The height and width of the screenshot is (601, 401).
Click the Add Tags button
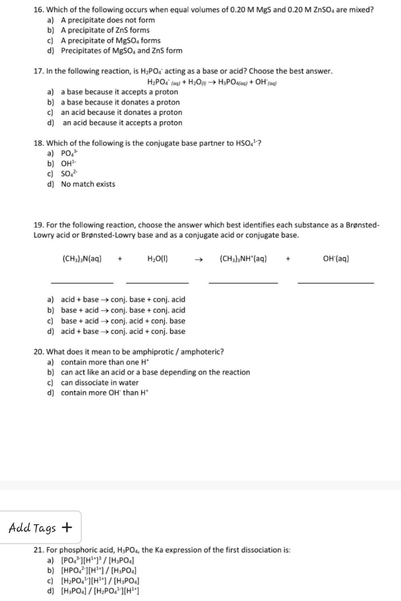click(x=40, y=527)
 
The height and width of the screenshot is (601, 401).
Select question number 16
click(x=39, y=10)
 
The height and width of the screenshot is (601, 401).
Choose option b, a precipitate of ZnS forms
click(x=105, y=30)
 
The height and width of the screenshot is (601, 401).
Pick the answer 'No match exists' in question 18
click(x=88, y=184)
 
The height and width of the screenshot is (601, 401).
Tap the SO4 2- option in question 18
click(x=69, y=174)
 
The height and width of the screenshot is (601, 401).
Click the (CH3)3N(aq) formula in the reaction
click(x=82, y=259)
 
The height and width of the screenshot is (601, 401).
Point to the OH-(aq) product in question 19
click(x=336, y=259)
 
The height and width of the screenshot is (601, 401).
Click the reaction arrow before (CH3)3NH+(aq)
click(x=197, y=259)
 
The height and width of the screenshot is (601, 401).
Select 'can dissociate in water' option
click(x=99, y=383)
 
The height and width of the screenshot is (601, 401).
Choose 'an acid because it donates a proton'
click(x=121, y=112)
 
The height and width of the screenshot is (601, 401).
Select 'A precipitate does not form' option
click(x=108, y=20)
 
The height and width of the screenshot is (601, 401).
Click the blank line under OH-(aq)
click(x=335, y=283)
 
